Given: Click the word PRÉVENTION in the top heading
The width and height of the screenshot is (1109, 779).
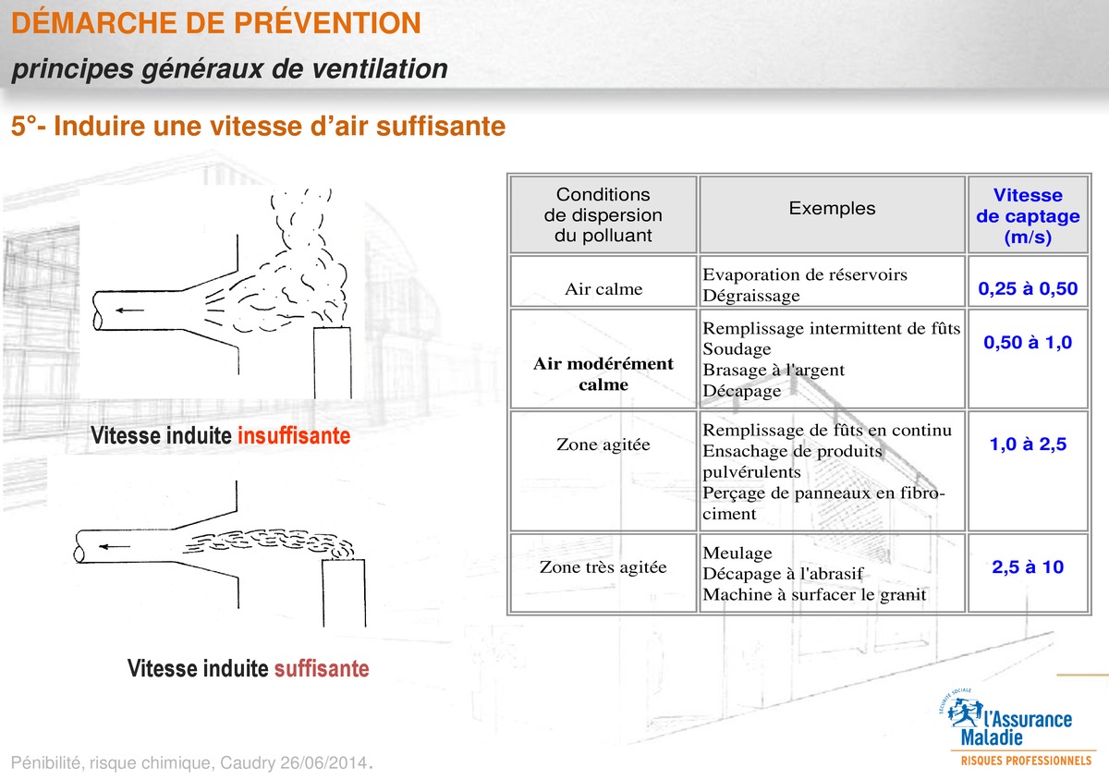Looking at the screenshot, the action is click(327, 23).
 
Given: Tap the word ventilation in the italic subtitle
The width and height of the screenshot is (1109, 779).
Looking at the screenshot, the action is click(380, 68).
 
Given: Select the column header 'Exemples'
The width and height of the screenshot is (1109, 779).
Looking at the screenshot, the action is click(832, 208).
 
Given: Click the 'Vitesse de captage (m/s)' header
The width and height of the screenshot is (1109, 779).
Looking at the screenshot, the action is click(1028, 216).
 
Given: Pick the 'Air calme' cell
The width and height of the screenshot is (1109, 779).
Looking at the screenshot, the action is click(603, 289).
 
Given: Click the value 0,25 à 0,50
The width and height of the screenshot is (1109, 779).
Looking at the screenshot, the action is click(1028, 288).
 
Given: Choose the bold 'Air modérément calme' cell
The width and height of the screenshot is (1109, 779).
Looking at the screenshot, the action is click(603, 373).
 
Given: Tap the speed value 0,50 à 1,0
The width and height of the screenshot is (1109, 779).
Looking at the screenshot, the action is click(1028, 342).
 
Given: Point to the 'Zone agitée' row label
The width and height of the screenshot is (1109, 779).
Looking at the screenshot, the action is click(603, 444).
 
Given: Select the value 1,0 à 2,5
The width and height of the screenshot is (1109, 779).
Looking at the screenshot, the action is click(1028, 444).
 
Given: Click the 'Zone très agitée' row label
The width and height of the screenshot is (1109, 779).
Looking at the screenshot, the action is click(603, 567).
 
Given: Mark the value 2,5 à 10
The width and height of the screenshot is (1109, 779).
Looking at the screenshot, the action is click(1028, 566).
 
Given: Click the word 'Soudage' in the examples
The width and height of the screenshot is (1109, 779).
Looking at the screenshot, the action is click(737, 349).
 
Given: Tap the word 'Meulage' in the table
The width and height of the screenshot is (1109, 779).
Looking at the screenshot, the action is click(737, 553).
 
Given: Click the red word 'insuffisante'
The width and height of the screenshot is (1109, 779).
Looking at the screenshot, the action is click(294, 435).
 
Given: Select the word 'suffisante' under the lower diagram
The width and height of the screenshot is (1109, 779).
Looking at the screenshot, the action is click(322, 668).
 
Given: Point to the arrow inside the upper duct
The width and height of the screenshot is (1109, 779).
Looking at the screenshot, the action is click(129, 310).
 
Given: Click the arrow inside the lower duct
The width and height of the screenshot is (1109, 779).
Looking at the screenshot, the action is click(115, 547).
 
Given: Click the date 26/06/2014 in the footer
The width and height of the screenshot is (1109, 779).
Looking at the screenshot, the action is click(324, 762).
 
